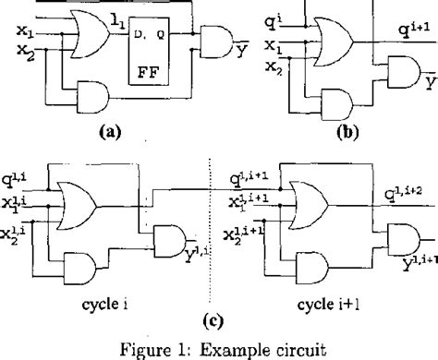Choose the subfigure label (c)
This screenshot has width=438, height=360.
click(216, 315)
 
